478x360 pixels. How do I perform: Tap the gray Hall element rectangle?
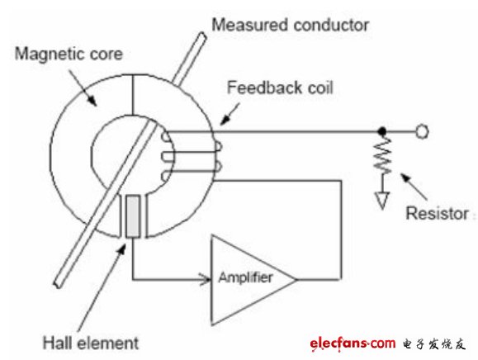[x=133, y=216]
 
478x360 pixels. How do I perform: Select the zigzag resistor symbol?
[x=382, y=155]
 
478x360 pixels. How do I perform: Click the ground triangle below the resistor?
[x=382, y=200]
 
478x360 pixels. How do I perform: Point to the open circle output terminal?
[x=422, y=131]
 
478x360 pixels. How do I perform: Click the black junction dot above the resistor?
[x=382, y=131]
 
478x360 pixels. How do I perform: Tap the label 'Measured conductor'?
[x=291, y=25]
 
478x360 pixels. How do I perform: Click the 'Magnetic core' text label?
[x=69, y=54]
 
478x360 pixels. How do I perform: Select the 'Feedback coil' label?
[x=280, y=88]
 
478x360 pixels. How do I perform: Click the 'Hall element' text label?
[x=91, y=343]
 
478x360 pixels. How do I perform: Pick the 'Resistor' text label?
[x=438, y=213]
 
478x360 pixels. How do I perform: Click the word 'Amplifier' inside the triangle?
[x=245, y=277]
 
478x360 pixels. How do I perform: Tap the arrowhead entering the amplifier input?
[x=205, y=279]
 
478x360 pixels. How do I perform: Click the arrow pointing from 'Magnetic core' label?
[x=83, y=88]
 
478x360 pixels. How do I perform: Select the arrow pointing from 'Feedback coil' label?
[x=230, y=114]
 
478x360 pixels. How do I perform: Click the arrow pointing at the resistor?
[x=414, y=187]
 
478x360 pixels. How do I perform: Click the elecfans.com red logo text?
[x=353, y=343]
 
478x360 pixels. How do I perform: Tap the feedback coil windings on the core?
[x=192, y=156]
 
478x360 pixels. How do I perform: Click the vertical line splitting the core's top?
[x=133, y=94]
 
